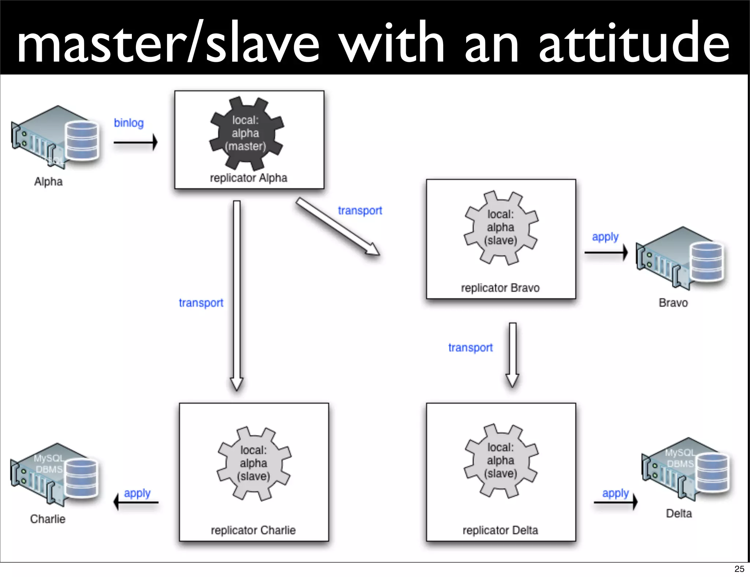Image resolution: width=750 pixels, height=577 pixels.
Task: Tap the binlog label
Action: click(129, 123)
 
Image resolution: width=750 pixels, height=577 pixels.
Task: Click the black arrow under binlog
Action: click(135, 142)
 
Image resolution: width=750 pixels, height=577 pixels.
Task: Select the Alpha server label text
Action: click(48, 182)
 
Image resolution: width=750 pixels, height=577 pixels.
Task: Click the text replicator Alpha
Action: click(248, 178)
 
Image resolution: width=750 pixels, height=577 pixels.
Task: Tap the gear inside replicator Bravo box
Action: click(501, 227)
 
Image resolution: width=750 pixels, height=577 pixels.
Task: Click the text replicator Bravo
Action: click(500, 288)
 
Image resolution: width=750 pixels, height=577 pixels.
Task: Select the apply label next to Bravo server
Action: click(605, 237)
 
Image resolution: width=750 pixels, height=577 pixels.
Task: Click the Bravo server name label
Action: click(673, 303)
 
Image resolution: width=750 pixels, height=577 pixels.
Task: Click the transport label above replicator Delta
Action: click(470, 347)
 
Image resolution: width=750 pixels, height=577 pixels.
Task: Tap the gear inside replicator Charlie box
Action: click(254, 463)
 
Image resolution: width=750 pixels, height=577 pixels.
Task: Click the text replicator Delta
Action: click(500, 530)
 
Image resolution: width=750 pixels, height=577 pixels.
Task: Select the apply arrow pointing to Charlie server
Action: click(136, 502)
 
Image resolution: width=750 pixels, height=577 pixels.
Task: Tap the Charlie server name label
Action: click(48, 519)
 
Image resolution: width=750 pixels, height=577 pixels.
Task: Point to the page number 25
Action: click(739, 569)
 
